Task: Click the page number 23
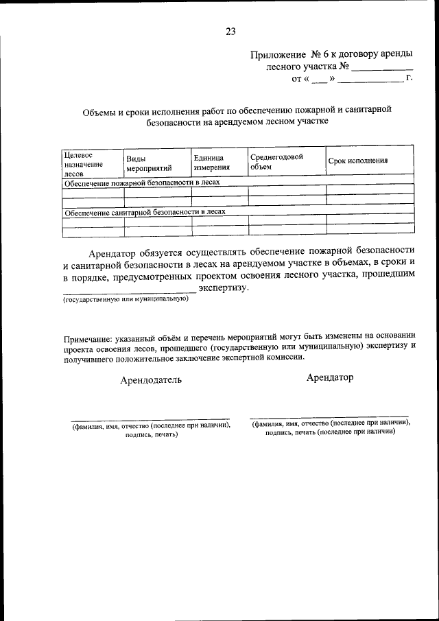[230, 31]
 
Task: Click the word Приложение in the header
[278, 55]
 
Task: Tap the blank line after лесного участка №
[382, 69]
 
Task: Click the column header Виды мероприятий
[149, 163]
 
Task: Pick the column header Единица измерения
[211, 162]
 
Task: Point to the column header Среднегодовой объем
[276, 161]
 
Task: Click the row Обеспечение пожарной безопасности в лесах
[142, 183]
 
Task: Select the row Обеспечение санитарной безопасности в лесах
[145, 212]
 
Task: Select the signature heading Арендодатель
[151, 380]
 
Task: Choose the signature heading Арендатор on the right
[331, 377]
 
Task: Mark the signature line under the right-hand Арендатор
[329, 417]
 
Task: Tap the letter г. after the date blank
[409, 79]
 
